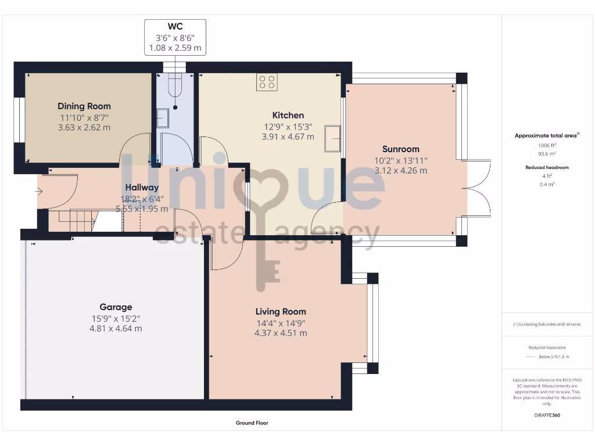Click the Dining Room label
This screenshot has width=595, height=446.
(x=84, y=106)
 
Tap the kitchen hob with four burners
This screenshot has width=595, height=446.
(x=267, y=82)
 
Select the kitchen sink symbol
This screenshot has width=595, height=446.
(x=332, y=138)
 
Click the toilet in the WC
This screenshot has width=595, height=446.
(x=174, y=87)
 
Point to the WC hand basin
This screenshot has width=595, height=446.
(x=162, y=118)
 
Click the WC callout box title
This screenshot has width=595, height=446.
(x=175, y=27)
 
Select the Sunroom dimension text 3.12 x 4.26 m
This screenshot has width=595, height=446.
(x=400, y=171)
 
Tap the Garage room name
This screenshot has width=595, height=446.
(x=116, y=307)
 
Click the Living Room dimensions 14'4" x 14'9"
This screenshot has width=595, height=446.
(x=281, y=323)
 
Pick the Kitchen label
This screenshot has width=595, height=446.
(x=288, y=115)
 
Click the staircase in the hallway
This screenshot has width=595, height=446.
(x=72, y=221)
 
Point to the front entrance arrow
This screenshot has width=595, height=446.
(x=39, y=190)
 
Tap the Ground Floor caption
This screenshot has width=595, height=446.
(x=252, y=423)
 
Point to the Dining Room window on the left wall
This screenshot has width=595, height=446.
(x=19, y=119)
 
